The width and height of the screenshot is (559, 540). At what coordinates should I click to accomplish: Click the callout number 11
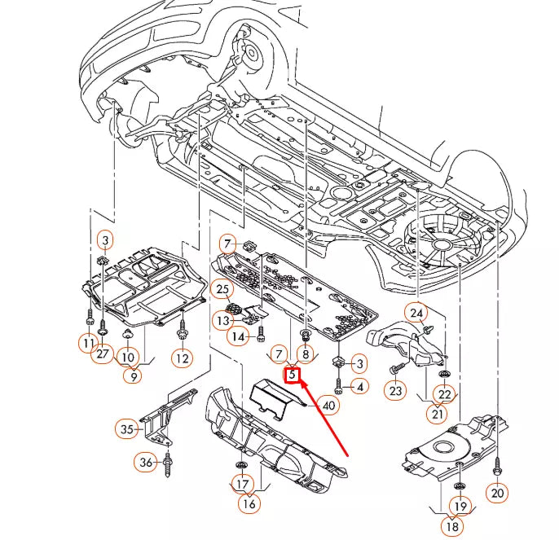coord(89,344)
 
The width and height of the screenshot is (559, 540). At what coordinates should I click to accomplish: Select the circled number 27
coord(103,354)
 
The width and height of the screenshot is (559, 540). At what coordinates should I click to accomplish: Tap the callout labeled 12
coord(181,358)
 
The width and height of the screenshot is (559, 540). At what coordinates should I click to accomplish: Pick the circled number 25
coord(222,288)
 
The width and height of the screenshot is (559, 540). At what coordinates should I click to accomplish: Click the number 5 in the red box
coord(292,375)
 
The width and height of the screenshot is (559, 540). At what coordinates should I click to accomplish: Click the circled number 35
coord(126,428)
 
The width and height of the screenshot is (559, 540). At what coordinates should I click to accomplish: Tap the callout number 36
coord(146,463)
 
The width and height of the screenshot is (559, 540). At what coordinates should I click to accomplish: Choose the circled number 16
coord(249,504)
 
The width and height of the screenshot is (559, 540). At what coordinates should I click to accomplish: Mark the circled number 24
coord(417,313)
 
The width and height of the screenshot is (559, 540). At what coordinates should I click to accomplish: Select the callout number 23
coord(395,392)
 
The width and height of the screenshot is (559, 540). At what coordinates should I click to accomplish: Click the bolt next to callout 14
coord(261,332)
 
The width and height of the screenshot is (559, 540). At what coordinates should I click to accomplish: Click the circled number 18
coord(451,526)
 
